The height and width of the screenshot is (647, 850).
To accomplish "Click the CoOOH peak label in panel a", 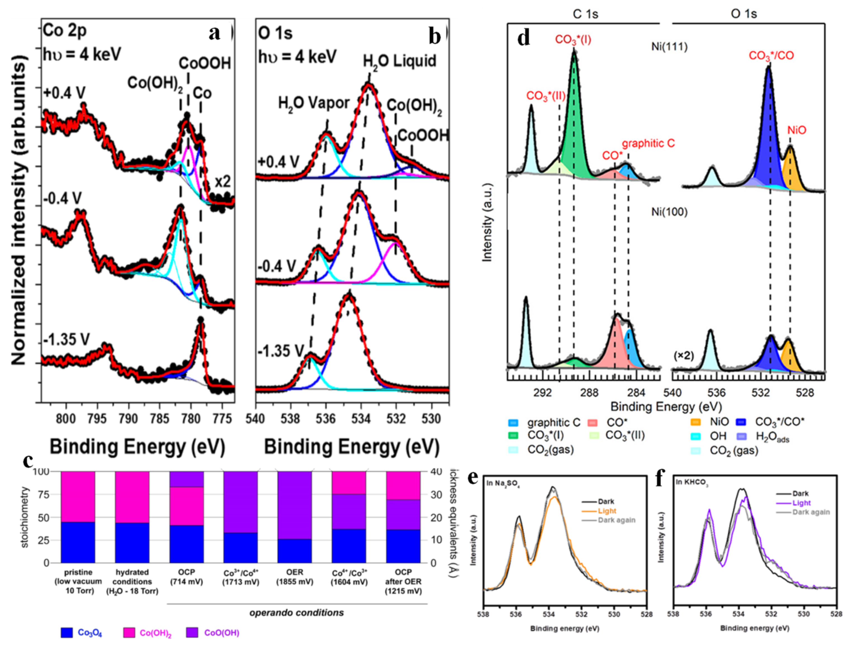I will [x=205, y=63].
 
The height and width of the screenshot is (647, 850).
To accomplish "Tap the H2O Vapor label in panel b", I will [x=314, y=103].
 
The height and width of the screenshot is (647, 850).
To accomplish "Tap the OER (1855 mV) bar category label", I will [x=294, y=577].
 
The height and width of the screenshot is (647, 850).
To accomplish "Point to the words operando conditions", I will [x=297, y=612].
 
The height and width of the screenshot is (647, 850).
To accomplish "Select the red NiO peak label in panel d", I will [x=796, y=131].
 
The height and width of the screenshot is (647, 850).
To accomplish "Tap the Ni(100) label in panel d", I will [x=669, y=212].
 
